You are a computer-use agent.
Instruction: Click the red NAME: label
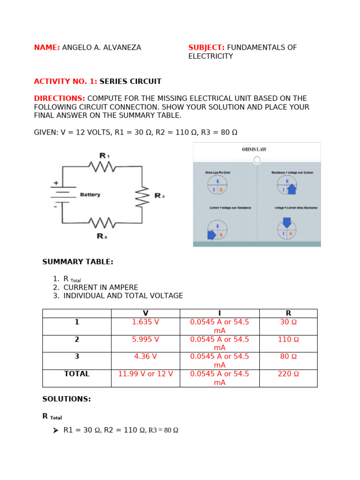click(47, 48)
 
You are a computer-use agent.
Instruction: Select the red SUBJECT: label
click(206, 48)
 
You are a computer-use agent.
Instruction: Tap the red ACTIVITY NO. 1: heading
click(66, 82)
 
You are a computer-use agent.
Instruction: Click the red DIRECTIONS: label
click(60, 98)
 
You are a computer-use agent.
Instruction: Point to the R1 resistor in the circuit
click(103, 166)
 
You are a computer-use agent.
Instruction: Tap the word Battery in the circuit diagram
click(90, 195)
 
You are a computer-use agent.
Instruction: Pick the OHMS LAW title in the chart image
click(255, 150)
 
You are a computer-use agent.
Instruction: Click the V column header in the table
click(145, 313)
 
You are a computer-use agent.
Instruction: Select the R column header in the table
click(288, 313)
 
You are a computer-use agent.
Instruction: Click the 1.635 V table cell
click(145, 322)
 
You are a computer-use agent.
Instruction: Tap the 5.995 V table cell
click(145, 339)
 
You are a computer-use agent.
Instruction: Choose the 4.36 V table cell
click(145, 357)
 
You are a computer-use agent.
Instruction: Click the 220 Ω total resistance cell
click(288, 374)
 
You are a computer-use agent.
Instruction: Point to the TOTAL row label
click(77, 374)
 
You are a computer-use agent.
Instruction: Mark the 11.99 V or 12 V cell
click(145, 374)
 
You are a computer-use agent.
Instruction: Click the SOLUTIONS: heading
click(67, 399)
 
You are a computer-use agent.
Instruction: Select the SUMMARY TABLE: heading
click(78, 262)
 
